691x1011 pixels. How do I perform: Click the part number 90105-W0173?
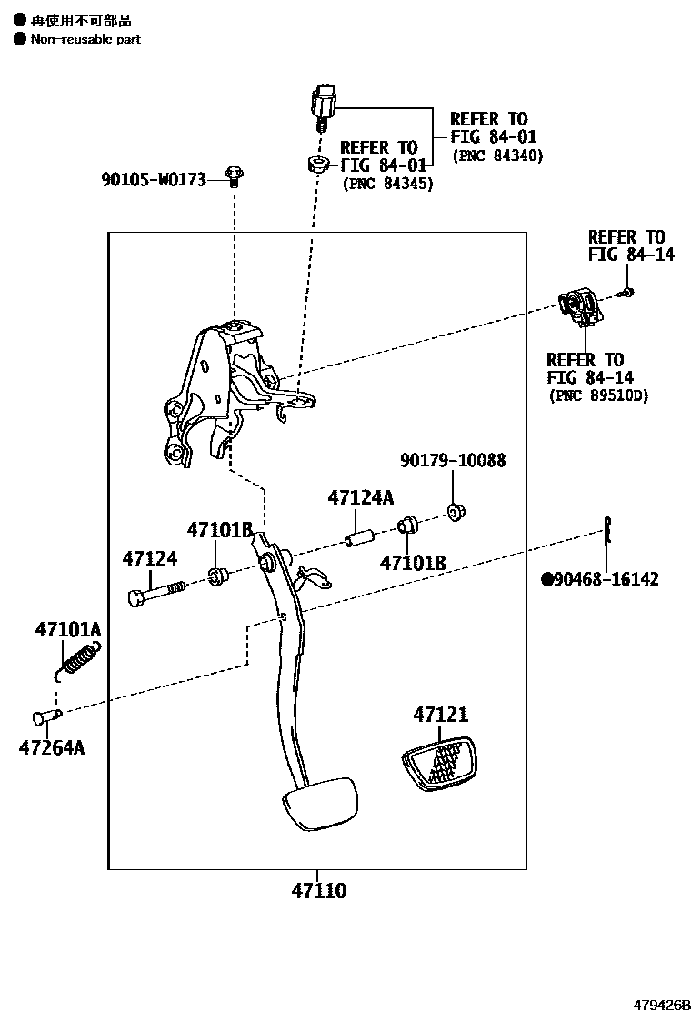point(154,181)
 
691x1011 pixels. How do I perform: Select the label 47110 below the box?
point(318,891)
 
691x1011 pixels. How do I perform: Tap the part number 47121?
point(441,715)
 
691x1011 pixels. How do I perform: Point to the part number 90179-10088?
point(453,461)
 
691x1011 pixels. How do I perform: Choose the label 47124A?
point(361,497)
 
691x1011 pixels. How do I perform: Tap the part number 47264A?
point(51,747)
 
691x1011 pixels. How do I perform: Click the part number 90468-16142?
point(606,579)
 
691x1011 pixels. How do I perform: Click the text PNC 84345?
point(387,184)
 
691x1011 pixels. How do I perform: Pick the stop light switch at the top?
point(325,100)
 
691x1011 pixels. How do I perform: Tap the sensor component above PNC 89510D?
point(579,306)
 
